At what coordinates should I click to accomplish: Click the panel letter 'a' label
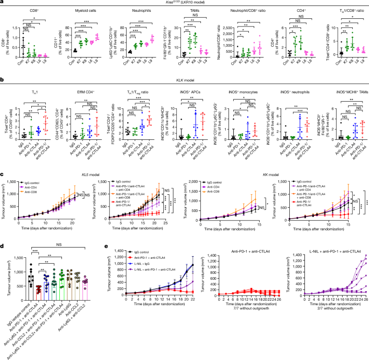coord(2,3)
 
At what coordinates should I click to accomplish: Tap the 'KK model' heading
coord(276,175)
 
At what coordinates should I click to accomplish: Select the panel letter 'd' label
coord(2,262)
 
